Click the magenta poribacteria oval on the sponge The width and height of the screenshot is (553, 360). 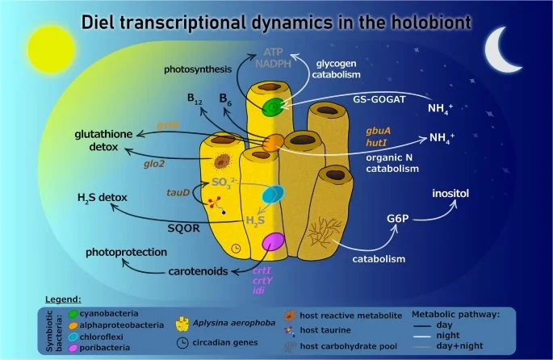pos(274,241)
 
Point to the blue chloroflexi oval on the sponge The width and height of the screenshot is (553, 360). pos(274,195)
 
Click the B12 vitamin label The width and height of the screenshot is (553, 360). pos(194,101)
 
